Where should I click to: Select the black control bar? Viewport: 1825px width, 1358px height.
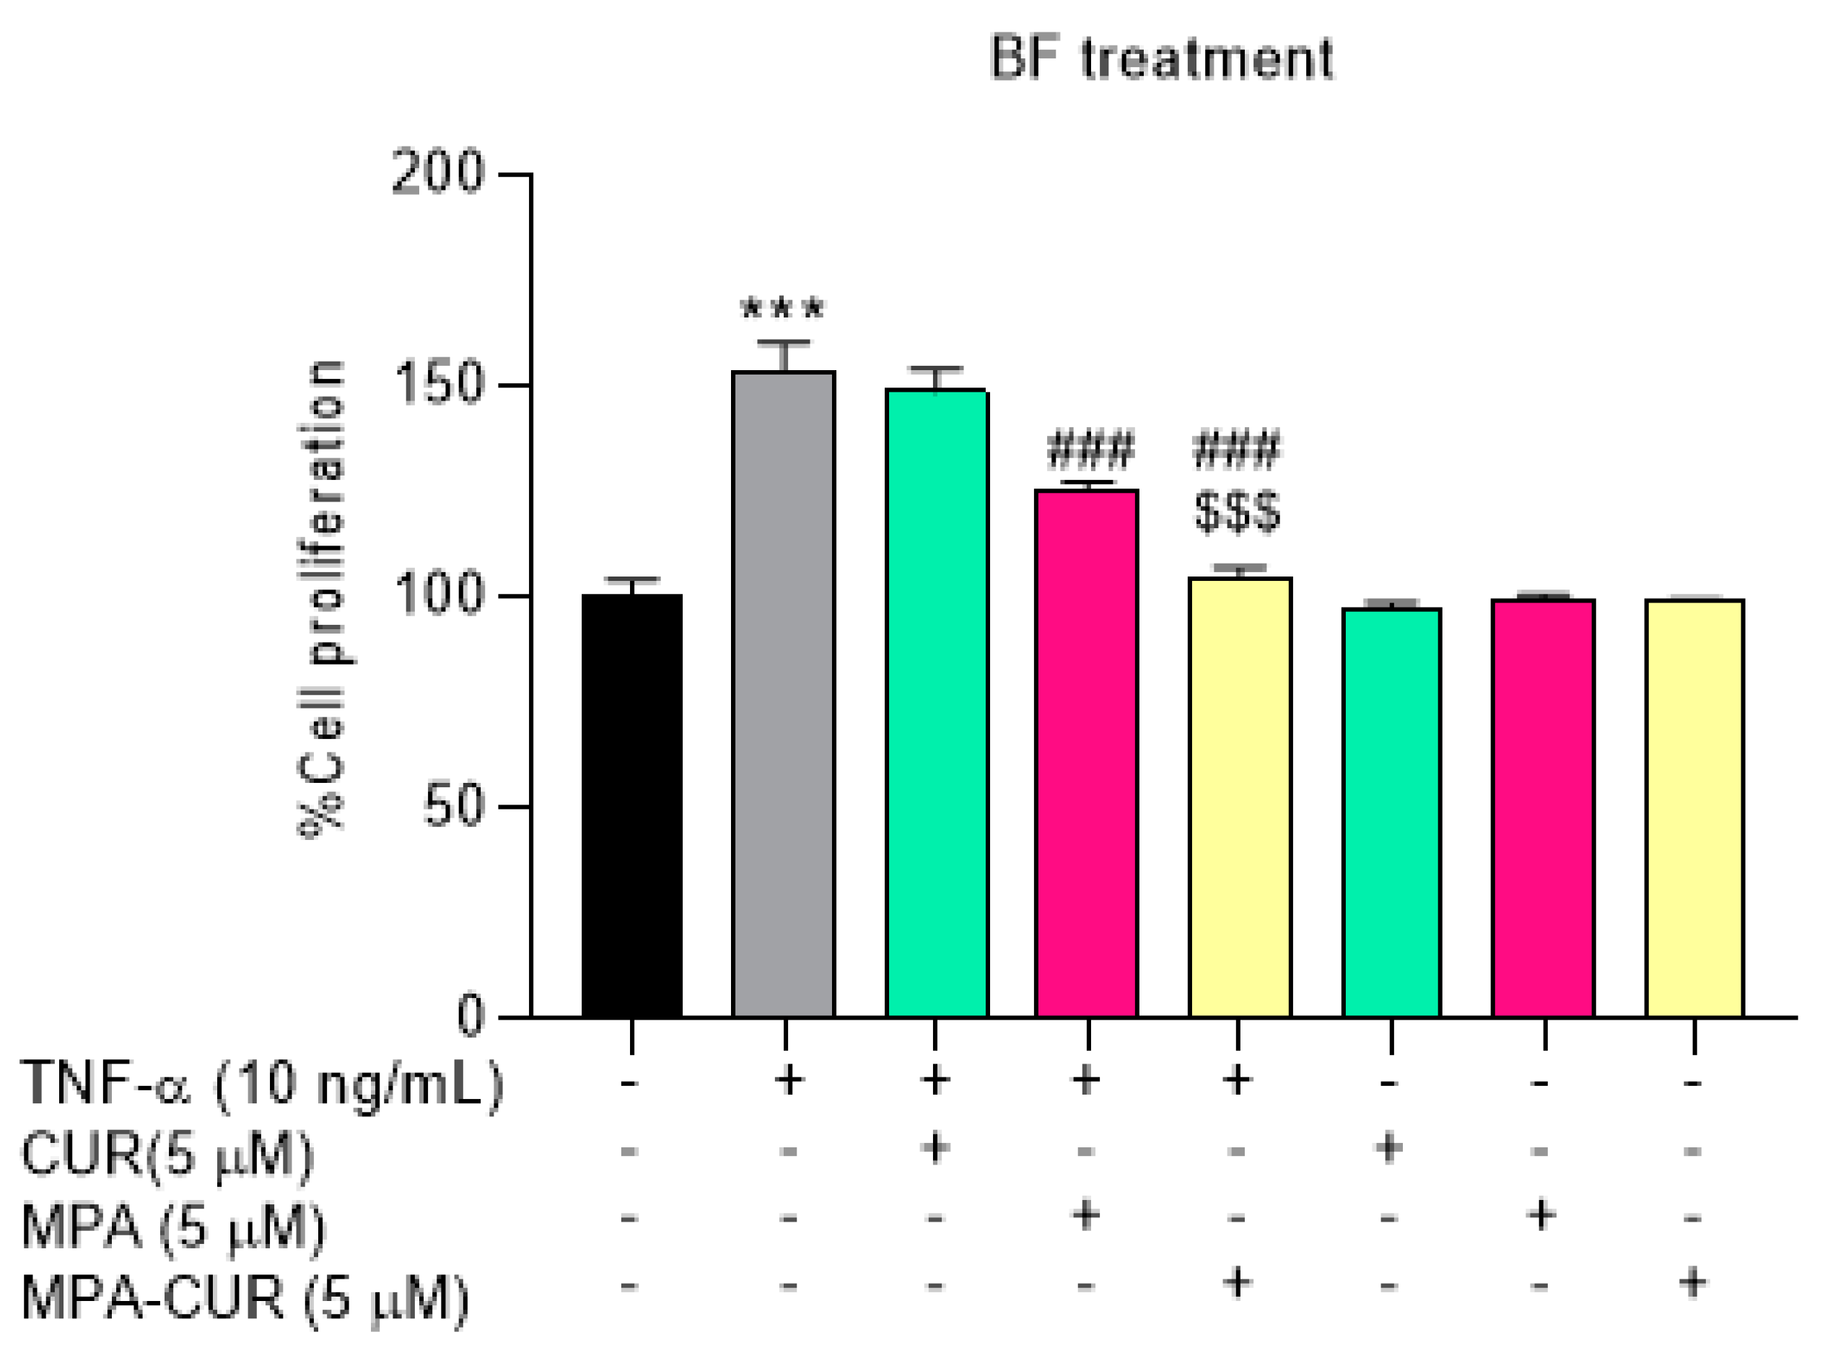click(x=631, y=805)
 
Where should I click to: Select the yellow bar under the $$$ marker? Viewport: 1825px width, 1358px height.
click(x=1240, y=797)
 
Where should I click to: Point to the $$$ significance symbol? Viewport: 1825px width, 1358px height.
click(x=1237, y=512)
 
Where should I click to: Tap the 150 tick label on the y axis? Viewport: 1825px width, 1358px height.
click(x=438, y=385)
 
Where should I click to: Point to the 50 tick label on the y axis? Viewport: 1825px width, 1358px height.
click(x=453, y=807)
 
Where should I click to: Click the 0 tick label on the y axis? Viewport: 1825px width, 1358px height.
click(x=471, y=1017)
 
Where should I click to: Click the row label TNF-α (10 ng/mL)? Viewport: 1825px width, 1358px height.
click(x=261, y=1085)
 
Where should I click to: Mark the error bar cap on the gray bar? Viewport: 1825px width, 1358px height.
click(x=784, y=342)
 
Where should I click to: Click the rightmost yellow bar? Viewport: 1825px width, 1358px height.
click(x=1694, y=810)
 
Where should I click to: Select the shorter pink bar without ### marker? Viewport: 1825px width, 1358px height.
click(x=1543, y=810)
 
